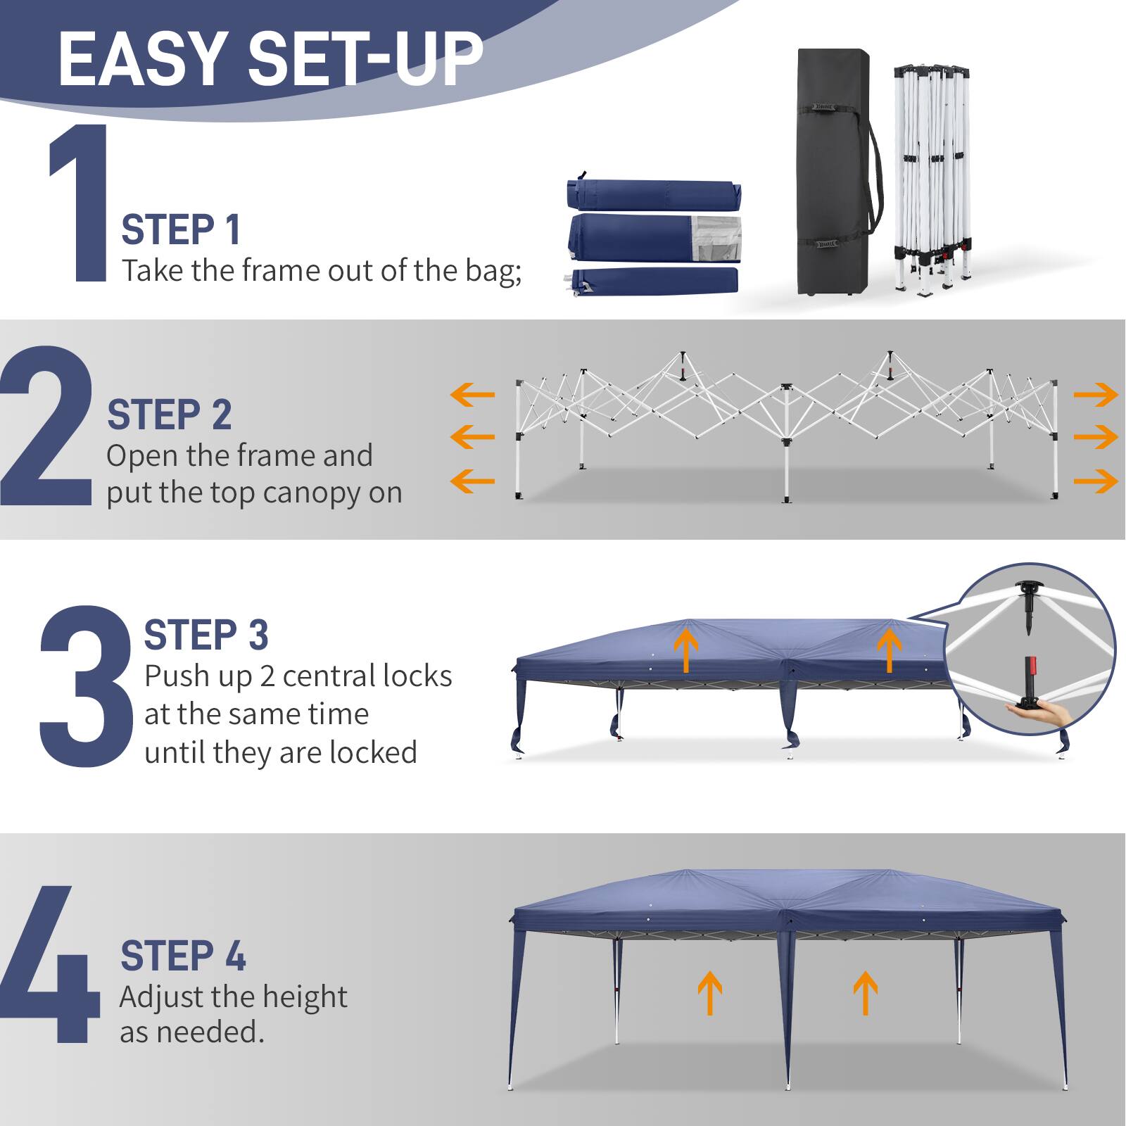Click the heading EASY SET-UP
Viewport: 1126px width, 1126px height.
click(270, 59)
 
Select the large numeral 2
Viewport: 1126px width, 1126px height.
click(46, 426)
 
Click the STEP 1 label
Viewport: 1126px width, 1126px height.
click(181, 230)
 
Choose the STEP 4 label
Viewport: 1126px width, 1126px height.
click(183, 956)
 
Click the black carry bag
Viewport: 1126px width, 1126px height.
click(834, 172)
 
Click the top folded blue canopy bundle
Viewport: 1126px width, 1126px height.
click(653, 194)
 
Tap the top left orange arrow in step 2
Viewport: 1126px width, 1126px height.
click(472, 394)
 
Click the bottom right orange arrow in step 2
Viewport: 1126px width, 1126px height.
click(1095, 481)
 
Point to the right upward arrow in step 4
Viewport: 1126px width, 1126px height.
click(865, 992)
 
